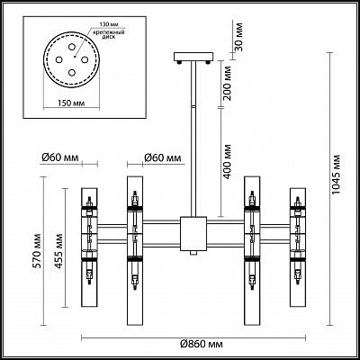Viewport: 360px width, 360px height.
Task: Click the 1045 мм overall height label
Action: tap(337, 175)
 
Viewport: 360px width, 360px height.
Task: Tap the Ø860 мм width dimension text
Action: tap(202, 344)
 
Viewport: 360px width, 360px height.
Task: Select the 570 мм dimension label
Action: tap(38, 251)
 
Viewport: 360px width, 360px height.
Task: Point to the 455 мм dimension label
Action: tap(58, 251)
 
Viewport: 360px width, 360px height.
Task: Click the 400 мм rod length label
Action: tap(228, 162)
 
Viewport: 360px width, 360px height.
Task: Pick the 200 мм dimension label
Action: tap(228, 84)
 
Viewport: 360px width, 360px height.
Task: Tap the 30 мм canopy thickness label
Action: tap(238, 37)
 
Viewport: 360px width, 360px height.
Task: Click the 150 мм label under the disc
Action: tap(71, 103)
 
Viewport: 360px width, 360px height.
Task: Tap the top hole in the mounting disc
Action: tap(71, 47)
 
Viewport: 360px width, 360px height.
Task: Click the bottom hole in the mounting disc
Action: tap(71, 72)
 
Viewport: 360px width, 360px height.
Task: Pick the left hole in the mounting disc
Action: tap(58, 59)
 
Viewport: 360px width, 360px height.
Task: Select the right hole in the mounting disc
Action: tap(85, 59)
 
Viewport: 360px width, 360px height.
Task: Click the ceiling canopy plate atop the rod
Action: tap(193, 57)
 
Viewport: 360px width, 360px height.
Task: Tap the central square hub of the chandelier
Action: tap(193, 234)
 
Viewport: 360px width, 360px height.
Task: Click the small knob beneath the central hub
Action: tap(193, 253)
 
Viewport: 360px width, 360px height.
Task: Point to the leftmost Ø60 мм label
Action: tap(59, 157)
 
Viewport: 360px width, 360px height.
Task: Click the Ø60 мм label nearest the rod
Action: tap(162, 157)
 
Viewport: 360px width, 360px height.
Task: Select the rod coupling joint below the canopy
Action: tap(193, 106)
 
